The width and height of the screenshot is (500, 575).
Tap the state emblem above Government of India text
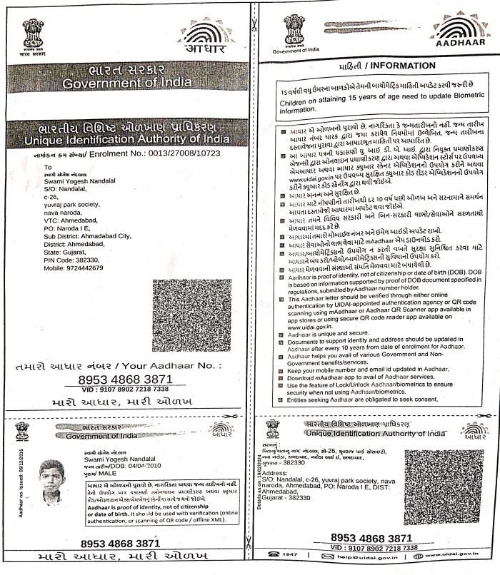tap(294, 31)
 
